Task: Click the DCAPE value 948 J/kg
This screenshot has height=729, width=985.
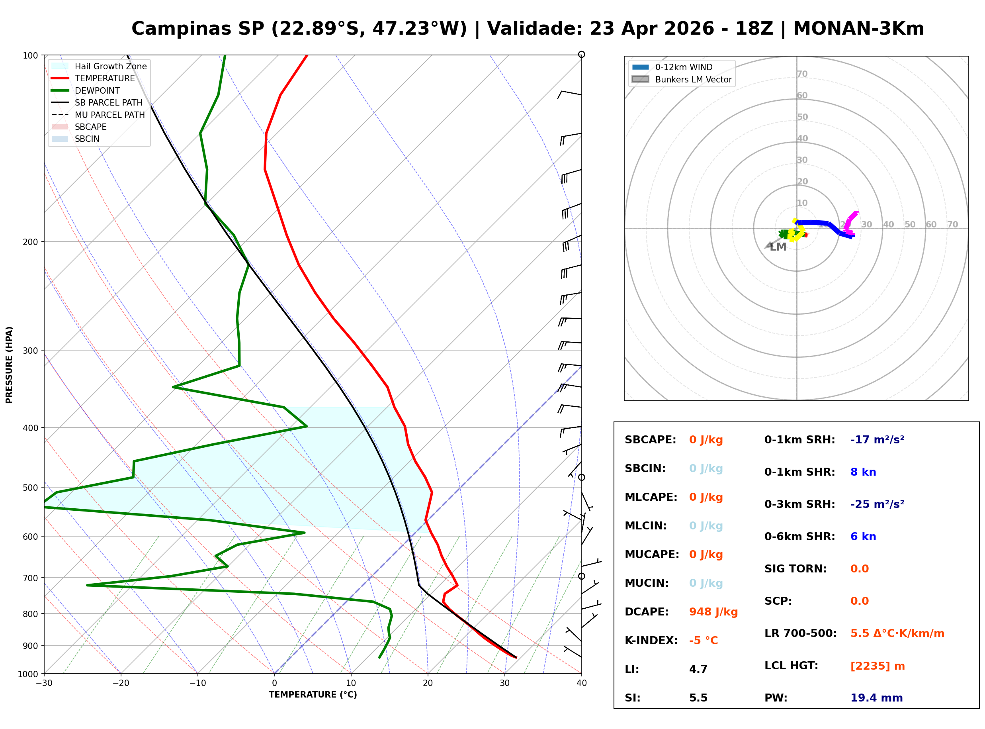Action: click(713, 611)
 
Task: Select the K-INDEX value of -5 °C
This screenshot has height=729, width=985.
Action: click(703, 640)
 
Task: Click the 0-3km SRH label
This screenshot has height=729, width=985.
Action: click(799, 504)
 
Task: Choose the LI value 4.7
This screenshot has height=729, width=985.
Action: click(698, 669)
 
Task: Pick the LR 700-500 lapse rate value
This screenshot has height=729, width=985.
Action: click(897, 633)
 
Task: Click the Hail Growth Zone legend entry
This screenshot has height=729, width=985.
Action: click(110, 66)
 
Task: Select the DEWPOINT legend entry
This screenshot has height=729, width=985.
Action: click(97, 90)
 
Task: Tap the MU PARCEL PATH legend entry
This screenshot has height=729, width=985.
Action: click(109, 115)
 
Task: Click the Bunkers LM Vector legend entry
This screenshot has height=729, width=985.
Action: click(693, 79)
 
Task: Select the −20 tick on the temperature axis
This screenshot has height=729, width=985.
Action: click(120, 683)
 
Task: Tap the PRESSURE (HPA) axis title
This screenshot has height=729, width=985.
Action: click(9, 365)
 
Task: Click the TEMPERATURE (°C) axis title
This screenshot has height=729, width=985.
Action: click(313, 695)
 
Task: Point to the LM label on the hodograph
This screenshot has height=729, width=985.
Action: click(778, 247)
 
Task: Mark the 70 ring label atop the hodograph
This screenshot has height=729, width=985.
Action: click(802, 74)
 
